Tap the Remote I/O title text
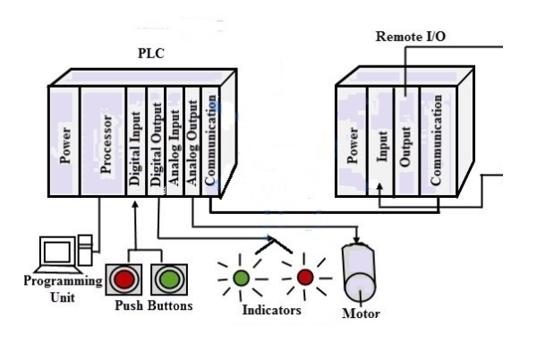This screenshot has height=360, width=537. point(411,37)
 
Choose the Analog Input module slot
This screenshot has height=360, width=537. point(174,143)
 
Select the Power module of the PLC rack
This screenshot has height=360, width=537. point(65,143)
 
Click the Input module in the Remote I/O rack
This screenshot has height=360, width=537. point(380,143)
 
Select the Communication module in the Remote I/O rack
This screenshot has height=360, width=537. point(437,143)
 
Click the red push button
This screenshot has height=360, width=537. point(125,279)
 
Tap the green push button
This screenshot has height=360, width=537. point(167,279)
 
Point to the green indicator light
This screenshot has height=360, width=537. point(241,277)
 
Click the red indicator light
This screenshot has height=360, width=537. point(305,277)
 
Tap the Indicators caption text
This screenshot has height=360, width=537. point(271,310)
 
